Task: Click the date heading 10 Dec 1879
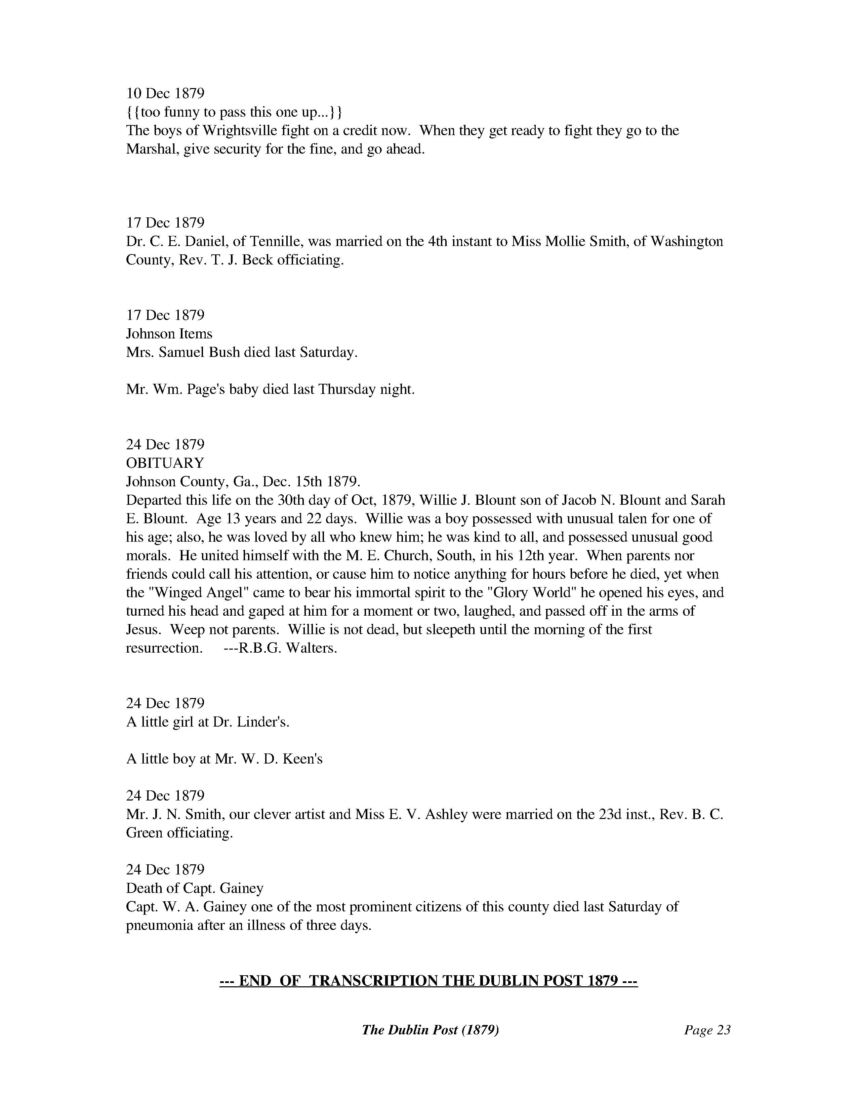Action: [165, 93]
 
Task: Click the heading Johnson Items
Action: [169, 334]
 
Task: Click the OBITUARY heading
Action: [165, 463]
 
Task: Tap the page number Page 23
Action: [707, 1030]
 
